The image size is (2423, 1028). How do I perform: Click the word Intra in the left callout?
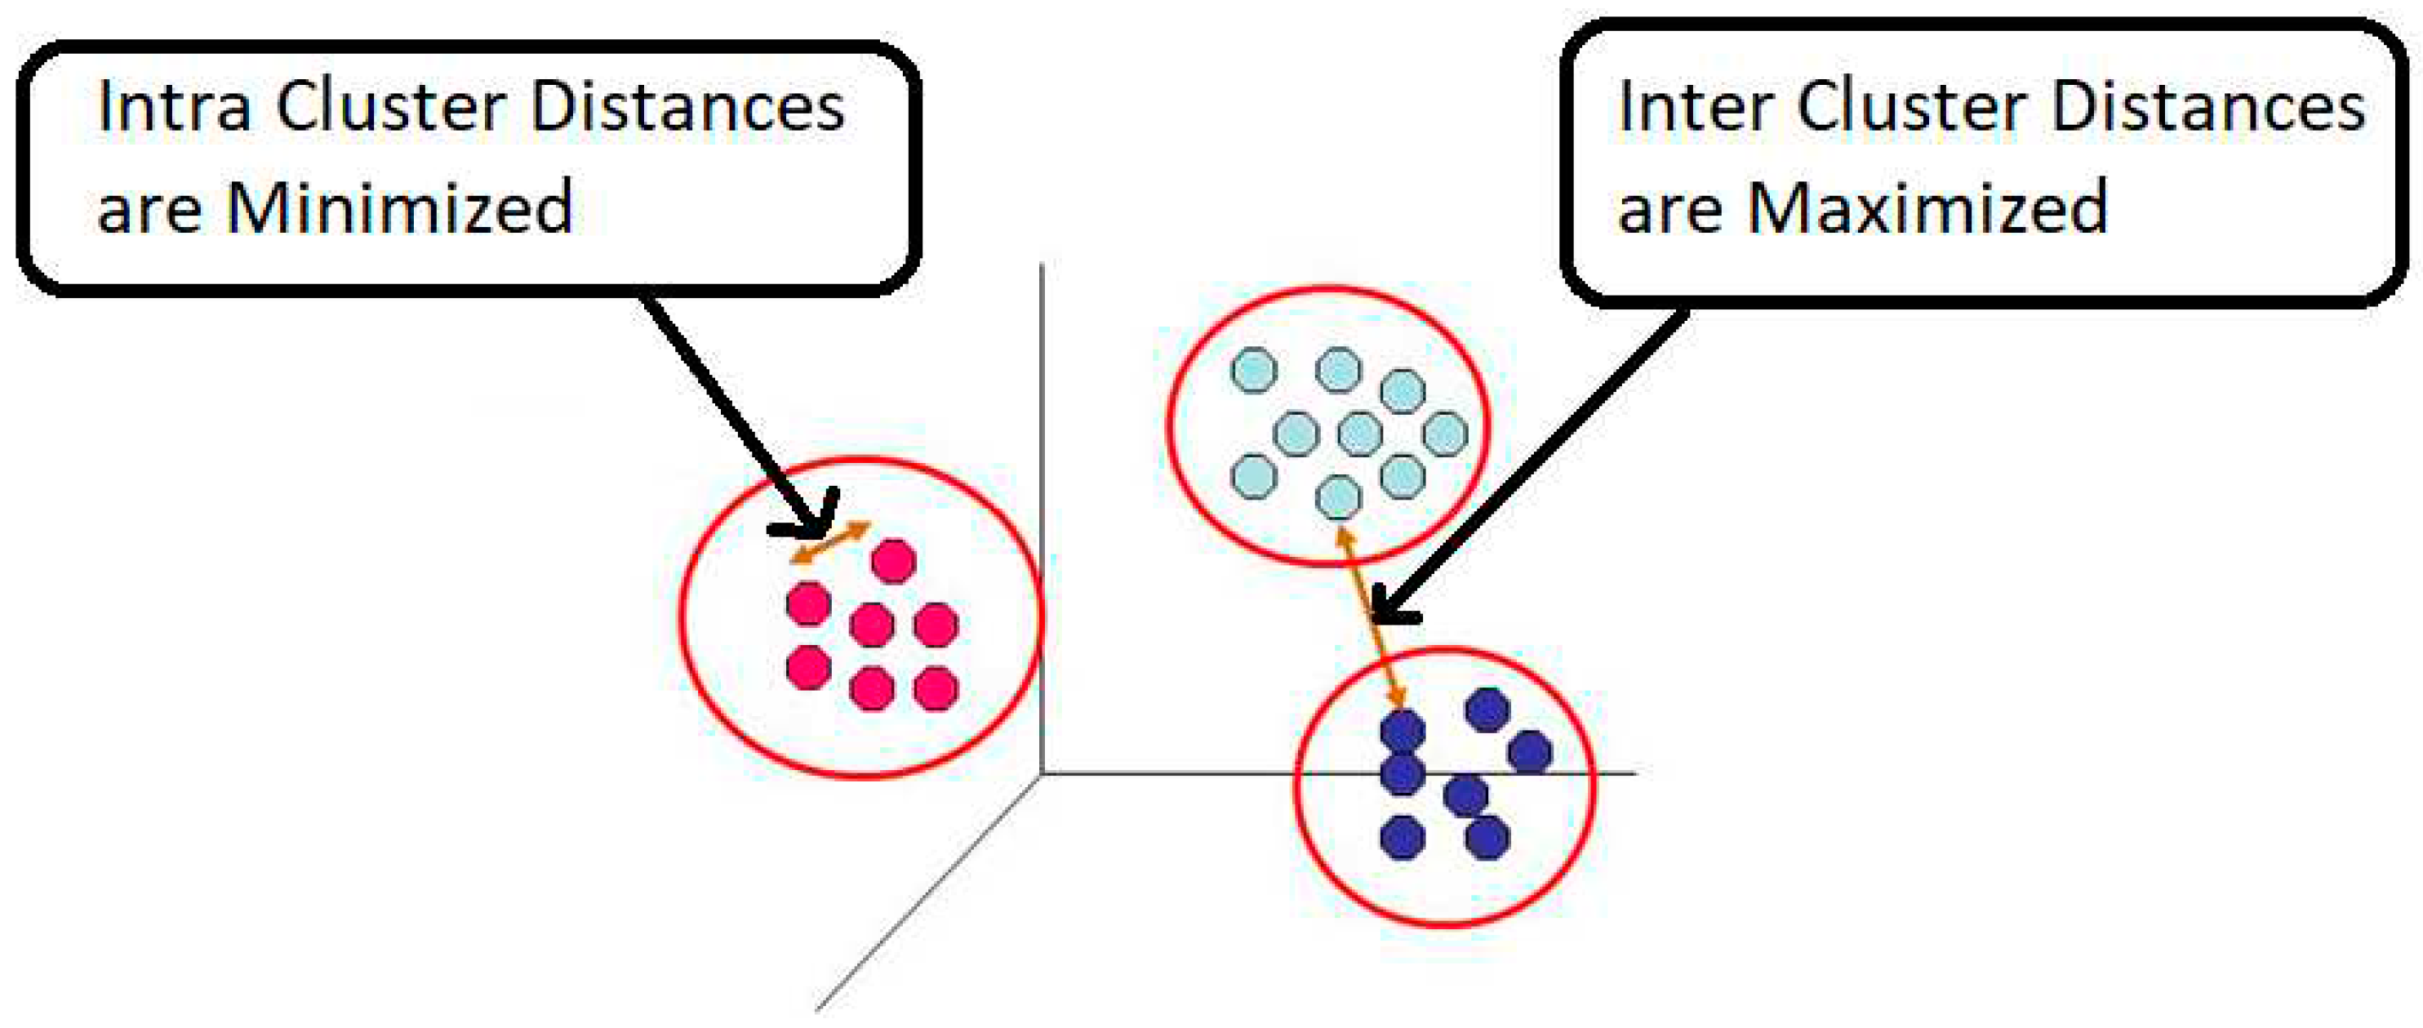(174, 107)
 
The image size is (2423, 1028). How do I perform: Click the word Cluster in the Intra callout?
(389, 107)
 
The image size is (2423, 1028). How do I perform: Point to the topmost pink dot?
(892, 562)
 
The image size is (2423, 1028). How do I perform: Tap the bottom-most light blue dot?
(1337, 496)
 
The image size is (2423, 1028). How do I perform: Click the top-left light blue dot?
(1254, 370)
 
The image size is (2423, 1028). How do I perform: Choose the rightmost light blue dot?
(1445, 434)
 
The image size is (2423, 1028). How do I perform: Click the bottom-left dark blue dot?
(1403, 836)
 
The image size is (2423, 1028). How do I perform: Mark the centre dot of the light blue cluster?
(1359, 434)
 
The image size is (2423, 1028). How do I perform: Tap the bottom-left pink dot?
(808, 668)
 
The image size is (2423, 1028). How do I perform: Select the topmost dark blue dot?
(1487, 710)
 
